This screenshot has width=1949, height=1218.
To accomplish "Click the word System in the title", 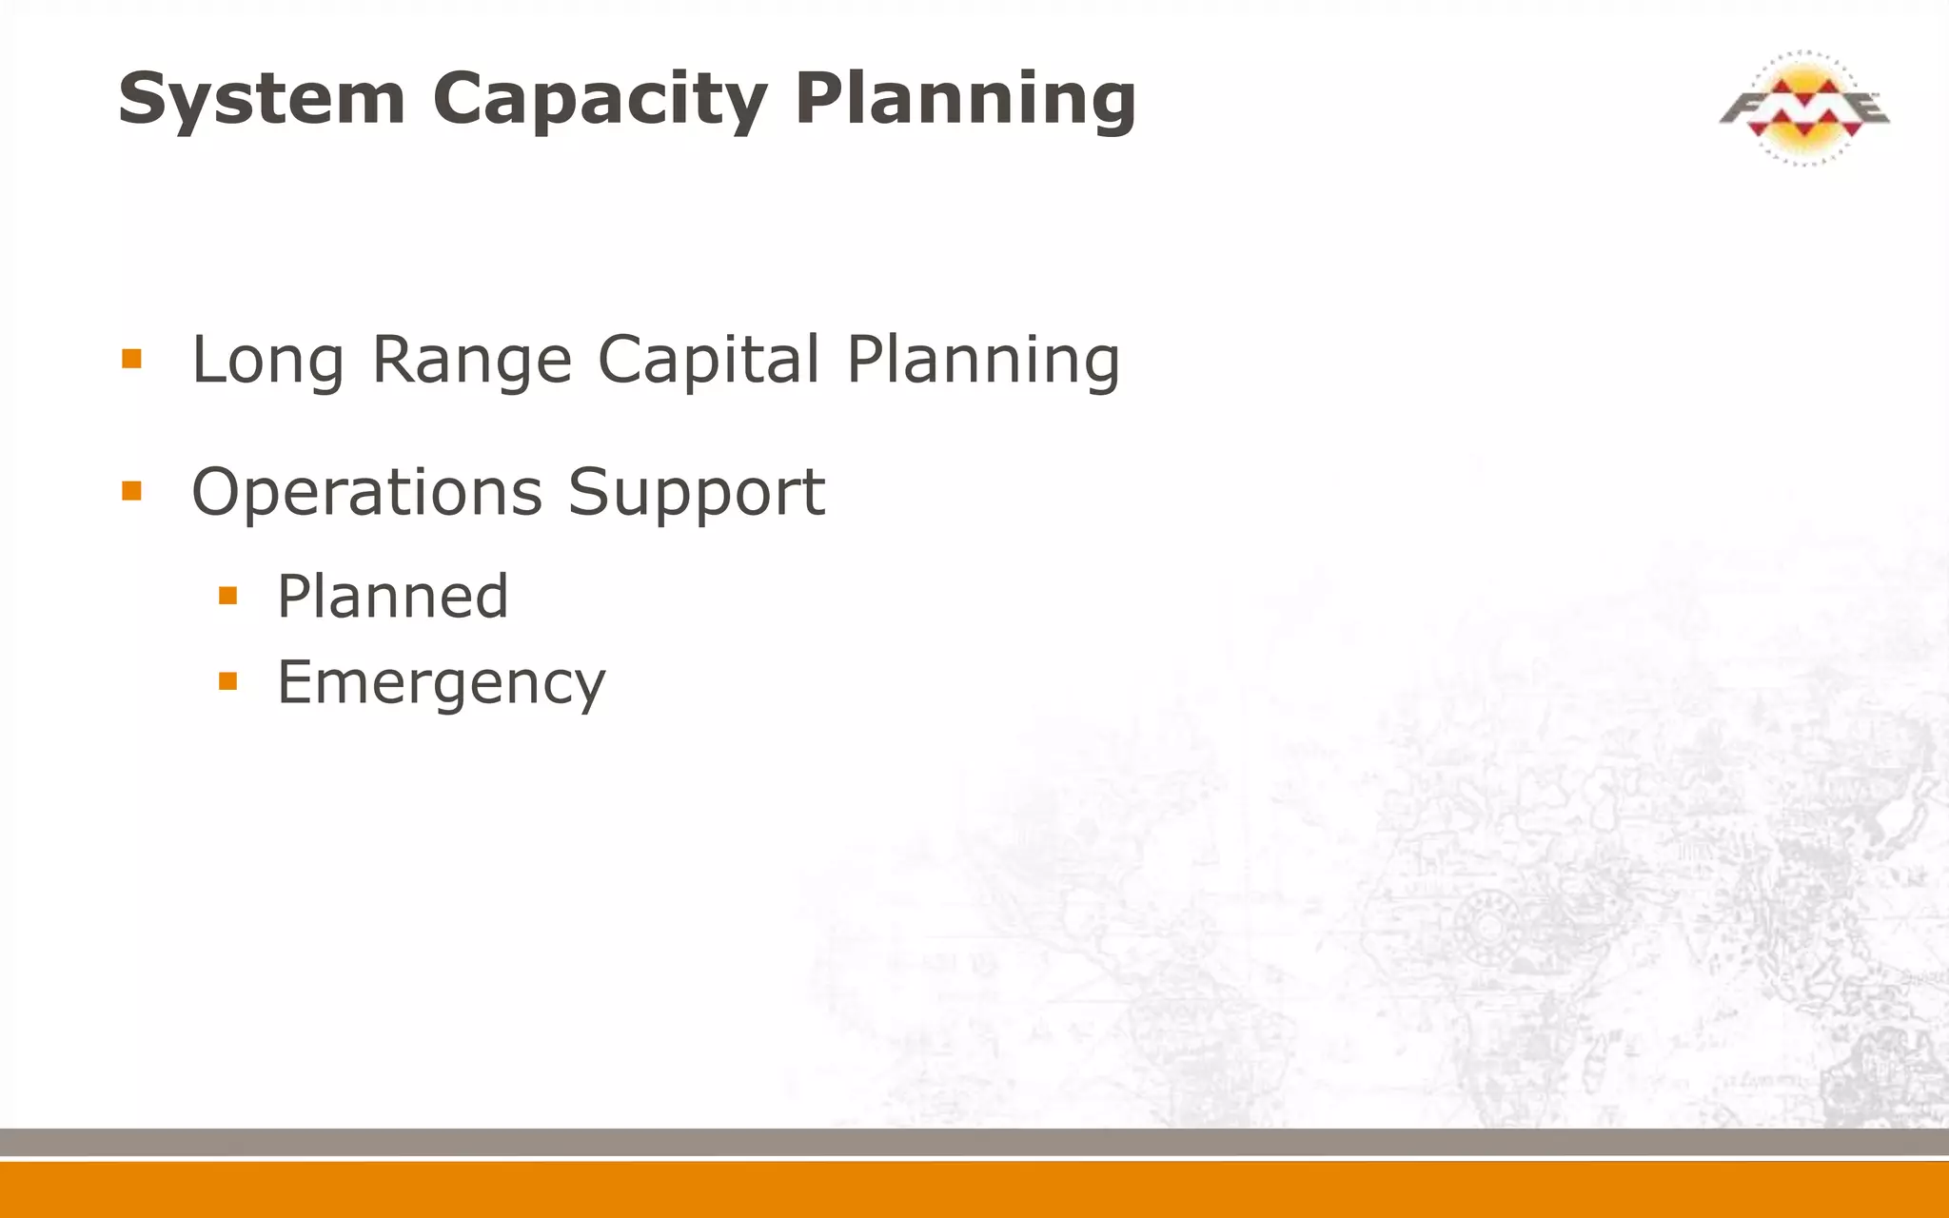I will coord(262,100).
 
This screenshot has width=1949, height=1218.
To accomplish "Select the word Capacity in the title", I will coord(600,100).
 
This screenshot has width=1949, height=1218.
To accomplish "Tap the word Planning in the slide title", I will coord(965,100).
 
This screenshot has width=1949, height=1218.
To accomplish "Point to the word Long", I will coord(267,361).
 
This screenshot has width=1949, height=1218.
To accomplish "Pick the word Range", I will coord(472,361).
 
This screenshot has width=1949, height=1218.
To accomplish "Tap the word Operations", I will coord(366,493).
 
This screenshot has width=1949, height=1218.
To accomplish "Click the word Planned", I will coord(392,597).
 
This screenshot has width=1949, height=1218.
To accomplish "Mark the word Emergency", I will coord(441,683).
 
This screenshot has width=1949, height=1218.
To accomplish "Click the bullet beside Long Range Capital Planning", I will coord(131,359).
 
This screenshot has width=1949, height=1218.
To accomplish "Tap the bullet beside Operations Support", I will coord(131,491).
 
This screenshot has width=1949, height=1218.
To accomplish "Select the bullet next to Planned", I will coord(227,596).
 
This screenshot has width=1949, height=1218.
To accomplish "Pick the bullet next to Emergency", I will coord(227,680).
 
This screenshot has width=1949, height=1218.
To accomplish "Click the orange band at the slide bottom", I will coord(974,1189).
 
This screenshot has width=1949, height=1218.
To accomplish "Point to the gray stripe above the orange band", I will coord(974,1142).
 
